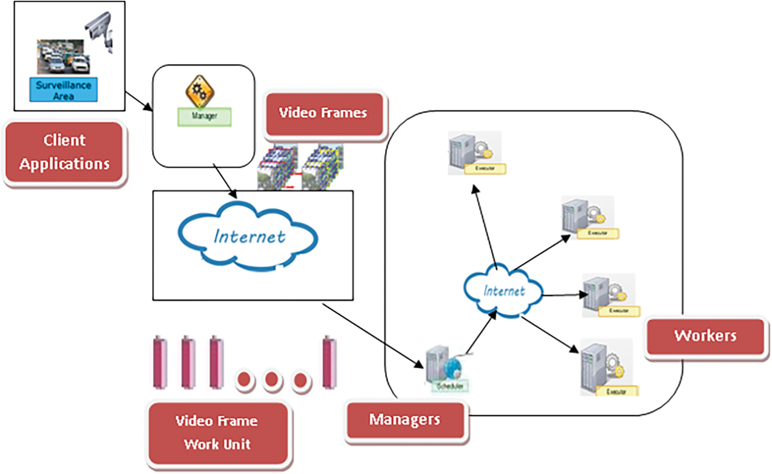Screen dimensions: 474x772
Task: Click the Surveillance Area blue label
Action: click(x=63, y=90)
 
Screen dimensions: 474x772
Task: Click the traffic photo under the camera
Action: click(x=63, y=57)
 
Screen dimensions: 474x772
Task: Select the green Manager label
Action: click(x=205, y=117)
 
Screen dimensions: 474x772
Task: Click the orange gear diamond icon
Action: click(x=200, y=91)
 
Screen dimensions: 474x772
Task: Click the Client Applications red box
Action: click(x=64, y=153)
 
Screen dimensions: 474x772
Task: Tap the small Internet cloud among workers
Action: click(x=504, y=291)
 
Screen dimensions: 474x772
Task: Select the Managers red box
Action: click(x=405, y=420)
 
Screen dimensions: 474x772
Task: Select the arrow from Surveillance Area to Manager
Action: click(x=139, y=101)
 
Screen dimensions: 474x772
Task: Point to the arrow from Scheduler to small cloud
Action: click(x=481, y=333)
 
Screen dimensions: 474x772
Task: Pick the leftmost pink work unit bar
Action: click(x=160, y=362)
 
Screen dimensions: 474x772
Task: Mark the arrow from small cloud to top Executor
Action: click(x=485, y=227)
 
